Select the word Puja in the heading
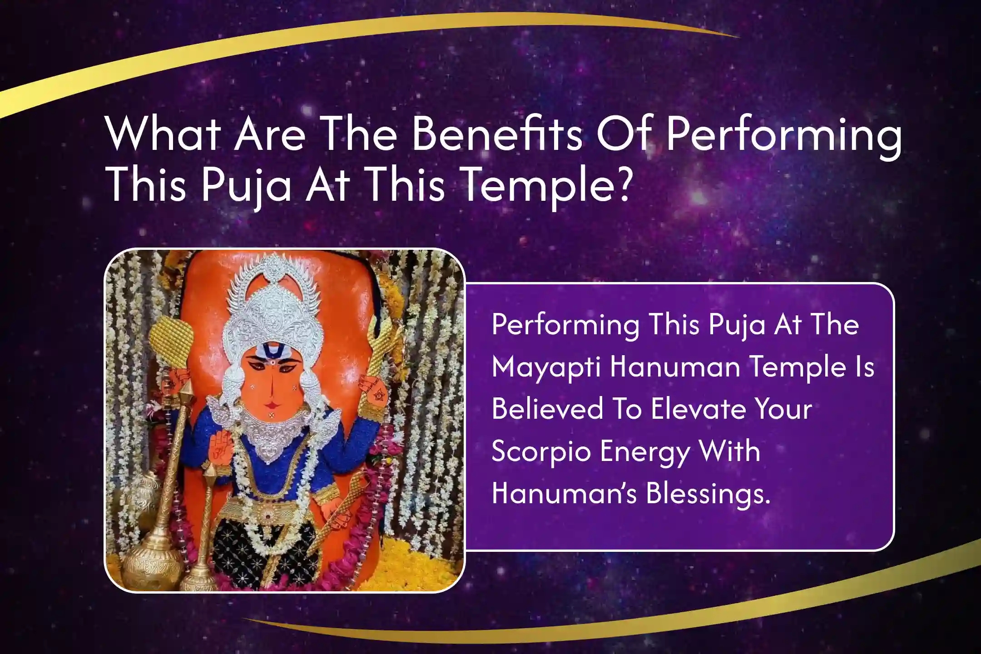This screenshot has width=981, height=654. pyautogui.click(x=246, y=187)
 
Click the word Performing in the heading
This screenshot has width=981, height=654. pyautogui.click(x=784, y=135)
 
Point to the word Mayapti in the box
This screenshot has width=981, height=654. pyautogui.click(x=545, y=367)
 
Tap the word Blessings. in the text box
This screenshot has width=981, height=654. pyautogui.click(x=708, y=493)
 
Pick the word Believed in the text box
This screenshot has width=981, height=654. pyautogui.click(x=548, y=408)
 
